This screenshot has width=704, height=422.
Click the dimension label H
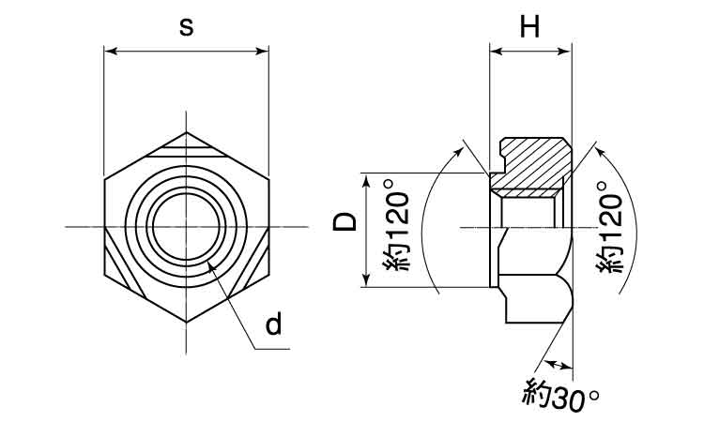530,28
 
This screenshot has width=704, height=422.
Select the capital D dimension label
345,222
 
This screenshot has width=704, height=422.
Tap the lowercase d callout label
273,324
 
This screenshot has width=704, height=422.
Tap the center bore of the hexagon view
187,226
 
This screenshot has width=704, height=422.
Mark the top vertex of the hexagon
187,130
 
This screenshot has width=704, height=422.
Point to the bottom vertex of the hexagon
187,323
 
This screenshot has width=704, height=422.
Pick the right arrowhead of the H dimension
566,52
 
